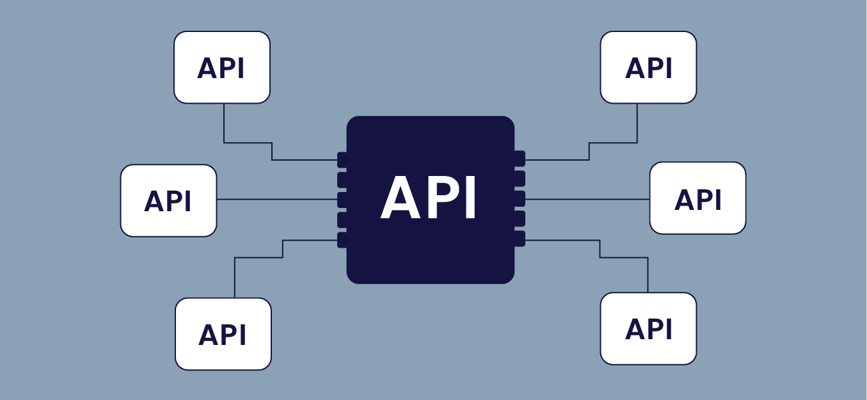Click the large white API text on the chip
click(x=429, y=199)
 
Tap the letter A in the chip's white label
click(x=401, y=199)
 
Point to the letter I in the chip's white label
click(x=470, y=199)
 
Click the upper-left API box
click(x=222, y=67)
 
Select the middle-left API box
click(x=168, y=200)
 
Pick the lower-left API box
click(x=223, y=333)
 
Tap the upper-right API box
click(x=648, y=67)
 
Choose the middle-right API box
click(x=697, y=198)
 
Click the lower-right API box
click(x=648, y=328)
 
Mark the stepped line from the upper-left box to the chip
click(x=248, y=143)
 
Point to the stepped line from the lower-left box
click(x=259, y=258)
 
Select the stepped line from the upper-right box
click(x=613, y=143)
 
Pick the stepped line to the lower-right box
click(x=624, y=258)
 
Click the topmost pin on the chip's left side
click(x=342, y=160)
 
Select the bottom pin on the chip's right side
click(x=520, y=239)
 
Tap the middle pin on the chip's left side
click(x=342, y=200)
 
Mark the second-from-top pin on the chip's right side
click(x=520, y=179)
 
